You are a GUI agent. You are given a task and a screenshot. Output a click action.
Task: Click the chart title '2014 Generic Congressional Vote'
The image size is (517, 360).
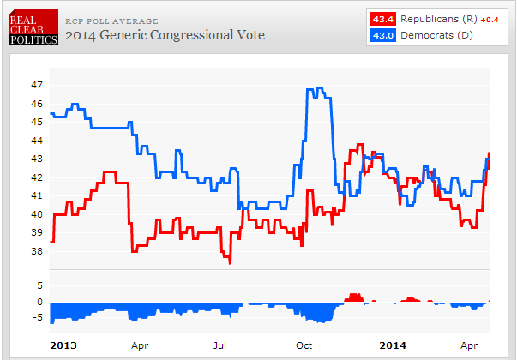[x=165, y=35]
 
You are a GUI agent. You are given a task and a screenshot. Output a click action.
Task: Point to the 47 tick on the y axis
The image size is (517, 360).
[x=36, y=86]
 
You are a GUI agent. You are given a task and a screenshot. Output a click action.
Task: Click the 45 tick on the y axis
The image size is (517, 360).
[x=36, y=123]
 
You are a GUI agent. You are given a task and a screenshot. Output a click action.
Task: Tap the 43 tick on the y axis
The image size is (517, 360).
[x=36, y=159]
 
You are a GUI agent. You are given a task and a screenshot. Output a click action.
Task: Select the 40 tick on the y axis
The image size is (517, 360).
[x=36, y=214]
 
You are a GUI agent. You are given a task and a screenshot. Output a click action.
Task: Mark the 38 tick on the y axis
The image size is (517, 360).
[x=36, y=251]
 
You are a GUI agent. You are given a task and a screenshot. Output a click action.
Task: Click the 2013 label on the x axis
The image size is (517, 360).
[x=62, y=345]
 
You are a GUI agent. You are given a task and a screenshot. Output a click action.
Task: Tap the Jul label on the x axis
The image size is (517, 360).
[x=219, y=345]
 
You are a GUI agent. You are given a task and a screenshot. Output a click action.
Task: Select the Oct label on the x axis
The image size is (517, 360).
[x=304, y=345]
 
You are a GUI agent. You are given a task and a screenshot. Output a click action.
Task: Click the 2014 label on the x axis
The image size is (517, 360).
[x=393, y=345]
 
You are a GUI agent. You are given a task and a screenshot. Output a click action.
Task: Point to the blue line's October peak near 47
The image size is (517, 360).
[x=319, y=88]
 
